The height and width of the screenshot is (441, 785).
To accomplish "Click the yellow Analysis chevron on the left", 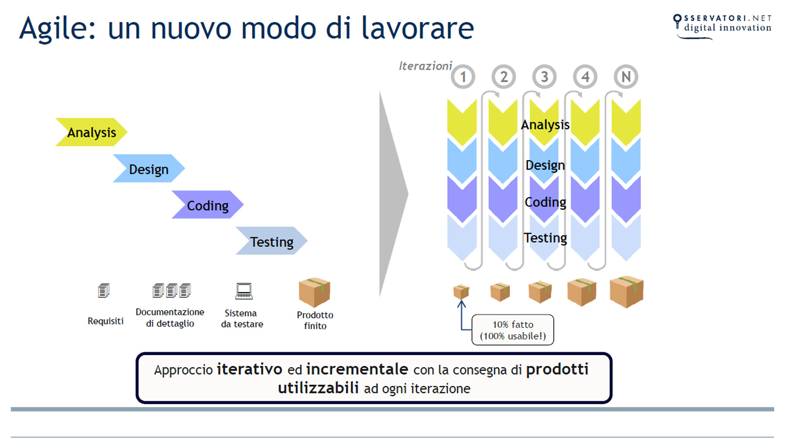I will pos(91,132).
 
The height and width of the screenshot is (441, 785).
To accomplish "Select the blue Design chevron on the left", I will pos(148,168).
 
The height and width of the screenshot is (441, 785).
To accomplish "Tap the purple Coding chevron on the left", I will pos(207,205).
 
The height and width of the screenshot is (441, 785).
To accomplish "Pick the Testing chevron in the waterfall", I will pos(271,241).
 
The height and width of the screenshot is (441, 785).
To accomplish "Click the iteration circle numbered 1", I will pos(463,77).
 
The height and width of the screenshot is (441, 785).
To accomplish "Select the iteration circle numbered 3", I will pos(544,77).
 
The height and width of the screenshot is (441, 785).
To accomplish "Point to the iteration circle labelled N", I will pos(626,77).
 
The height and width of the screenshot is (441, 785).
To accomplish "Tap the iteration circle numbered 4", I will pos(585,77).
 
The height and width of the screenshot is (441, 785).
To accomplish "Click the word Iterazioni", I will pos(425,66).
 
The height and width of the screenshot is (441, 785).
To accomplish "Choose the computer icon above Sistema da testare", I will pos(244,291).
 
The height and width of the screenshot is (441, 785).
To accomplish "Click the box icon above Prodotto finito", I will pos(314,292).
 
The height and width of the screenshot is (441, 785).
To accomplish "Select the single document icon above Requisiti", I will pos(104,291).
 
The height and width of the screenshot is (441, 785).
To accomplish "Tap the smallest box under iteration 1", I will pos(461,292).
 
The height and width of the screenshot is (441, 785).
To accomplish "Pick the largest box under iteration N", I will pos(626,292).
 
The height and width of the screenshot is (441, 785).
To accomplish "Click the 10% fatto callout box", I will pos(513,330).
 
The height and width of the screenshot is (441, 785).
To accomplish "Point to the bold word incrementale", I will pos(357,369).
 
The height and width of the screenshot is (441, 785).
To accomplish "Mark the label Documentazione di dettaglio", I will pos(170,318).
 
